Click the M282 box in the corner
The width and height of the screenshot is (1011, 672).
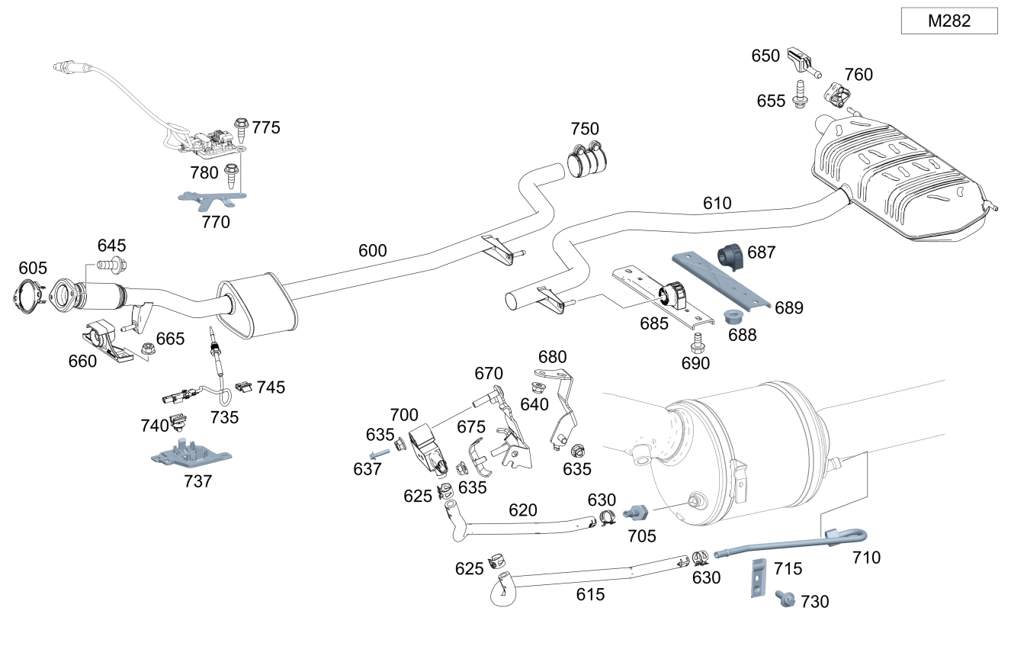pos(948,21)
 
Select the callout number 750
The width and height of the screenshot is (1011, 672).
pos(585,129)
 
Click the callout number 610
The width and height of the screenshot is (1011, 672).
pos(717,203)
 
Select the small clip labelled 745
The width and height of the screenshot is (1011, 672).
pos(245,388)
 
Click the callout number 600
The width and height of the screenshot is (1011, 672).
pos(372,250)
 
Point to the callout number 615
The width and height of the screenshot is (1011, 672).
pos(590,594)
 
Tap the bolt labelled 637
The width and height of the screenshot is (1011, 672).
pos(380,453)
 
